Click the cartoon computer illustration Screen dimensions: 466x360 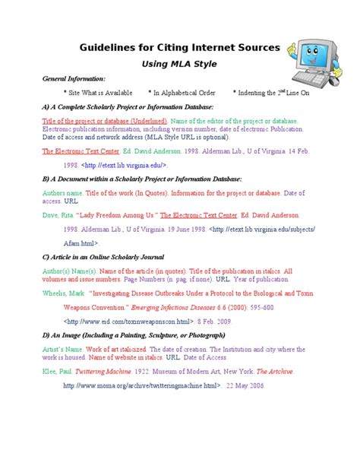pyautogui.click(x=316, y=53)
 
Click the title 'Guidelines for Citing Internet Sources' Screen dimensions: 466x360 pyautogui.click(x=180, y=47)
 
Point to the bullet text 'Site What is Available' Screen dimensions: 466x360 pyautogui.click(x=98, y=93)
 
